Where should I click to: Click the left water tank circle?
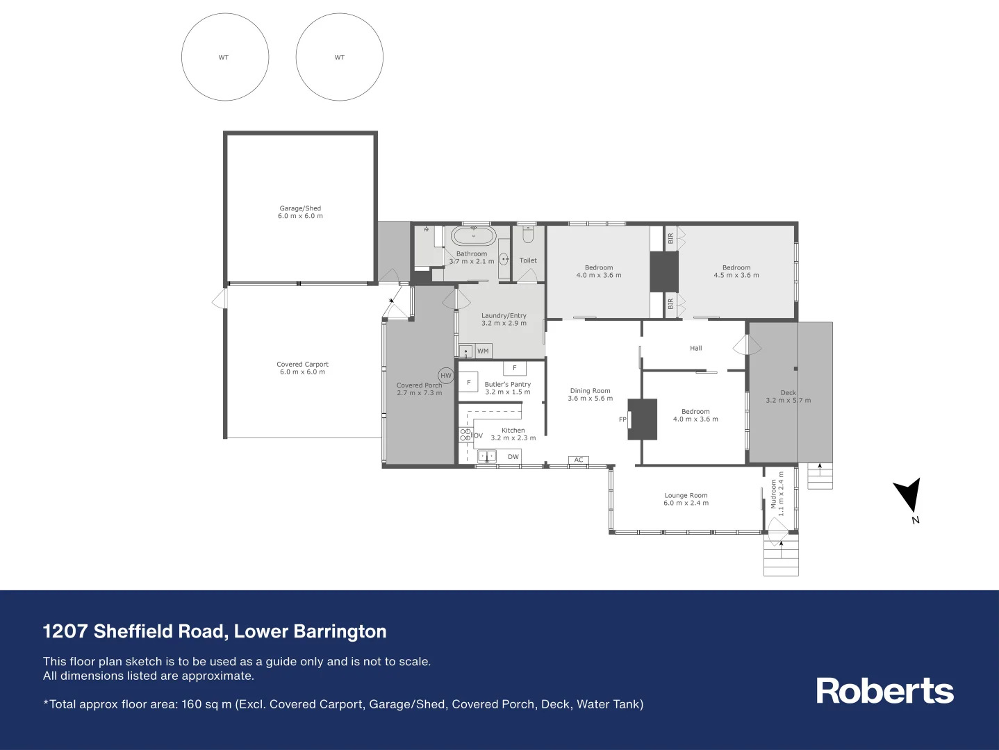(x=224, y=57)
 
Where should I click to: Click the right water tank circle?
(x=339, y=57)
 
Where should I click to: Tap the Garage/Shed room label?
(x=300, y=208)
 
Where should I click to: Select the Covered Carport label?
(x=302, y=364)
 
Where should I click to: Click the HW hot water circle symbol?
(x=446, y=376)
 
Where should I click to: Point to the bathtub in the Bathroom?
(x=474, y=236)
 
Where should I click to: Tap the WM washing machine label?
(x=483, y=351)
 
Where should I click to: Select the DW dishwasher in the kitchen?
(x=513, y=456)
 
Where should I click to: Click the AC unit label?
(x=579, y=460)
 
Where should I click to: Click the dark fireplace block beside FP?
(x=643, y=419)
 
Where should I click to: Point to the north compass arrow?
(x=909, y=496)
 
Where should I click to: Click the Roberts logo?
(x=884, y=691)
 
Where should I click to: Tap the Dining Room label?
(x=590, y=391)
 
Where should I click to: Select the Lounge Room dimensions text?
(x=686, y=503)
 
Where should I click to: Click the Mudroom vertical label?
(x=773, y=494)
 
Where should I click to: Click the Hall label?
(x=695, y=349)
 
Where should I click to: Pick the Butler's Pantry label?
(x=507, y=384)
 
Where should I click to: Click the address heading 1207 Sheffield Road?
(x=215, y=631)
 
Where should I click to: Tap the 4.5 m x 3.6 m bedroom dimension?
(x=736, y=276)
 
